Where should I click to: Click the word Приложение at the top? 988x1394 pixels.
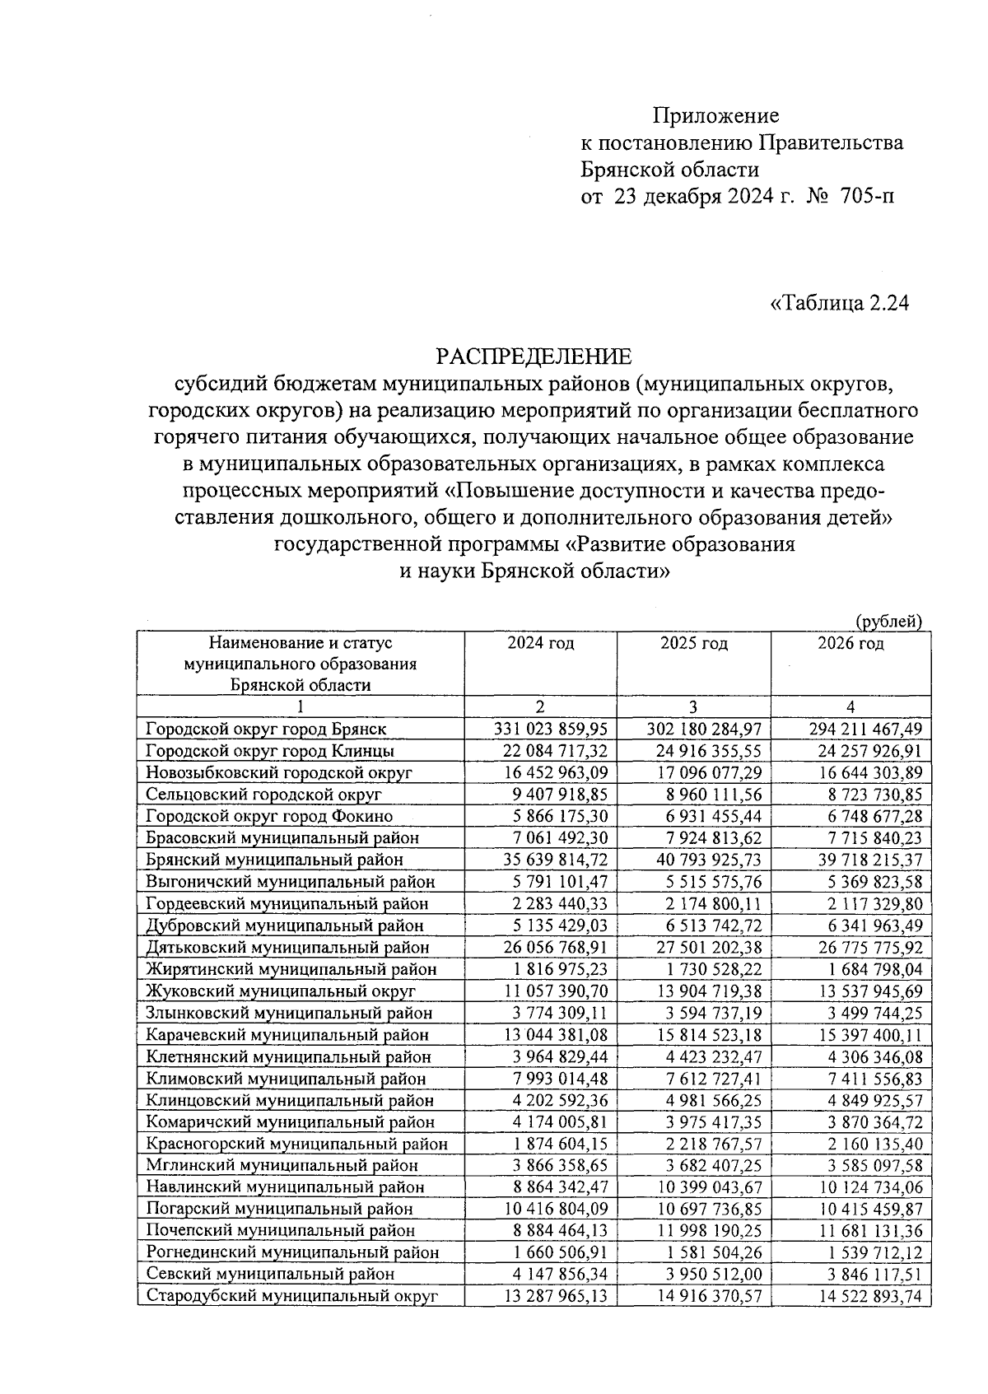pyautogui.click(x=715, y=115)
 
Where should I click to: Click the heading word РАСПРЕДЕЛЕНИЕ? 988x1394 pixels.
pyautogui.click(x=534, y=357)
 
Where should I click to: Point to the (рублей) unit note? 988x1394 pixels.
pyautogui.click(x=888, y=621)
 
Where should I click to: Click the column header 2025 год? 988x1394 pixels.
pyautogui.click(x=693, y=643)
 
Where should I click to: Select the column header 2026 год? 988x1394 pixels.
pyautogui.click(x=851, y=643)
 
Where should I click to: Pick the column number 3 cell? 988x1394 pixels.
pyautogui.click(x=693, y=706)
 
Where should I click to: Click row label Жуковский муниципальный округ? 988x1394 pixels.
pyautogui.click(x=280, y=991)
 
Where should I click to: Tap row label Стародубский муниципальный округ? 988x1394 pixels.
pyautogui.click(x=291, y=1296)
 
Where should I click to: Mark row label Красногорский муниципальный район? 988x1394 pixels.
pyautogui.click(x=296, y=1144)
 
